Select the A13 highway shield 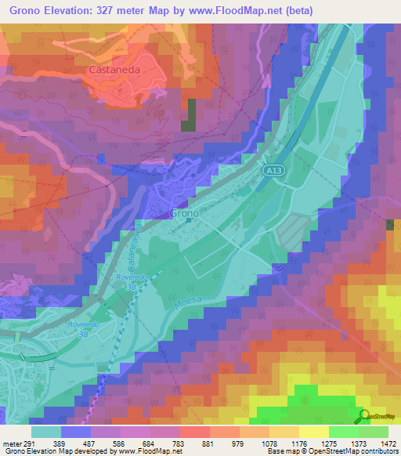click(273, 171)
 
